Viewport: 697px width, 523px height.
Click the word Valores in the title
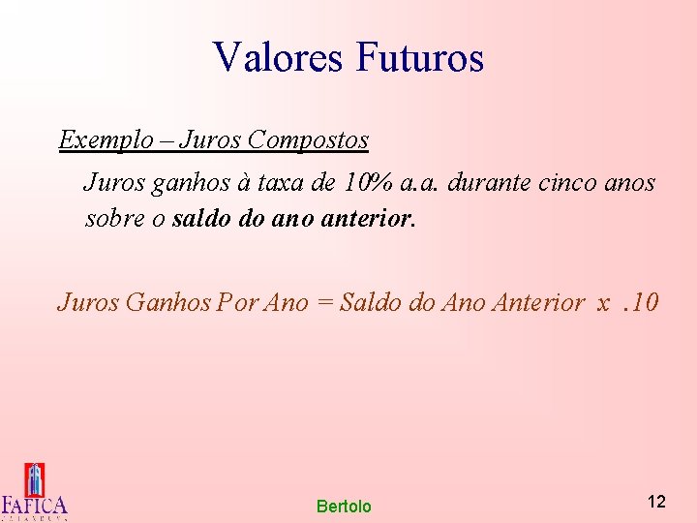pyautogui.click(x=278, y=57)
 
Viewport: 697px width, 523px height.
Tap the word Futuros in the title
pyautogui.click(x=419, y=57)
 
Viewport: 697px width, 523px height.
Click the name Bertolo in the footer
pyautogui.click(x=344, y=507)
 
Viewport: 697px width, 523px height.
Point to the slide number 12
pyautogui.click(x=656, y=502)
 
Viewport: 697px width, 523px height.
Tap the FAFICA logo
pyautogui.click(x=35, y=492)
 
